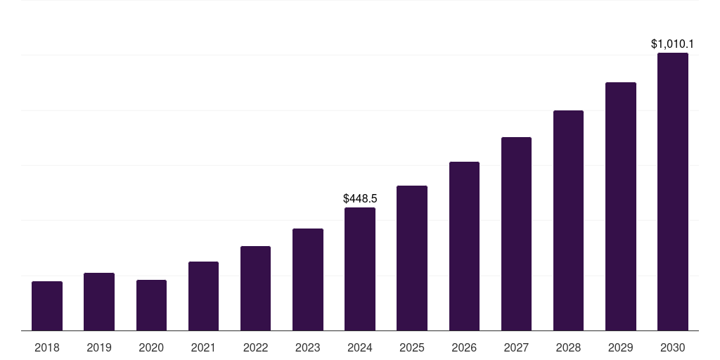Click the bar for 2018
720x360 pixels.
coord(47,306)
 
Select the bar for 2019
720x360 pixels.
coord(99,302)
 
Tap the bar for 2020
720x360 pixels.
coord(151,305)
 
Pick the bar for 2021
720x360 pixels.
coord(203,296)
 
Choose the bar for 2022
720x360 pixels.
coord(255,288)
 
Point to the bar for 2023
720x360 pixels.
coord(308,279)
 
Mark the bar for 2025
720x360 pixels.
coord(412,258)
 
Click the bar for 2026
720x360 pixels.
coord(464,246)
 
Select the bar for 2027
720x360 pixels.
coord(516,233)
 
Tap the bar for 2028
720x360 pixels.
coord(568,220)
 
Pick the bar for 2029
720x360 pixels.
coord(621,206)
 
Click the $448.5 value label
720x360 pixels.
coord(360,199)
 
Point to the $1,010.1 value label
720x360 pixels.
coord(673,44)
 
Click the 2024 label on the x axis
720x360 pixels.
coord(360,347)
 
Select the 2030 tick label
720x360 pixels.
coord(673,347)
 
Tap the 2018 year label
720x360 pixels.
coord(47,347)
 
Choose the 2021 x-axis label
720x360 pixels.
coord(203,347)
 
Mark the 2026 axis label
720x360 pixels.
coord(464,347)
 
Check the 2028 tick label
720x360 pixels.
coord(568,347)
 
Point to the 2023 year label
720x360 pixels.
coord(308,347)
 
